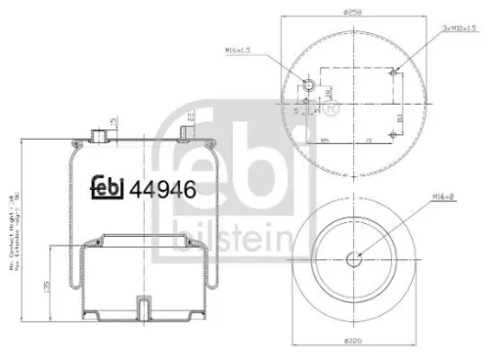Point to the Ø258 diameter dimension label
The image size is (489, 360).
coord(354,11)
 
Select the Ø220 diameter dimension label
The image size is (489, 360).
coord(354,342)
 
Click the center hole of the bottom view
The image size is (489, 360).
coord(354,259)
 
